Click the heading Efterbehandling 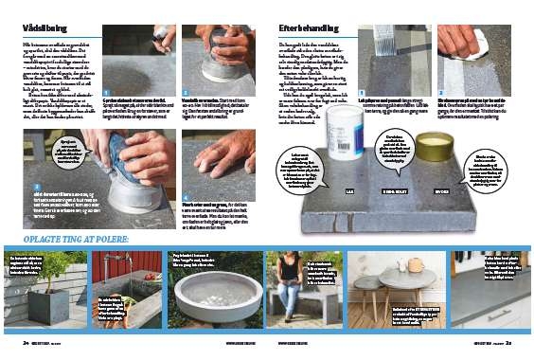[x=304, y=29]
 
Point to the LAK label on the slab [x=351, y=189]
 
